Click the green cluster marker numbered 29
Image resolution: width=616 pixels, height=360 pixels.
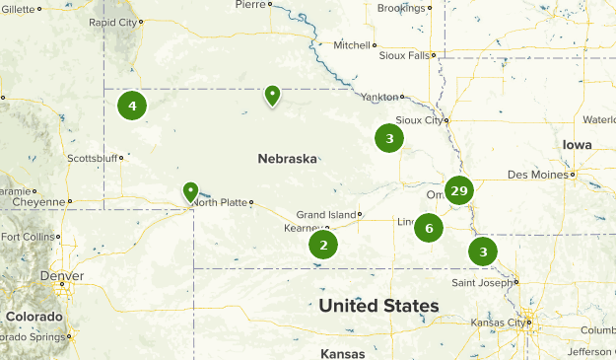[458, 190]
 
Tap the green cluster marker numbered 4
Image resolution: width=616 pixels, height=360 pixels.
[132, 105]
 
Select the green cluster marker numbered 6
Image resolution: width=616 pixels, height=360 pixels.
[429, 228]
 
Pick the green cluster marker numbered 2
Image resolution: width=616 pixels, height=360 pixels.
[322, 245]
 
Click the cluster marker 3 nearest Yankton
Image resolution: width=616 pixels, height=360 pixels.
[389, 139]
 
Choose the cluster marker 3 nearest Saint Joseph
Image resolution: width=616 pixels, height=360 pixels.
[482, 252]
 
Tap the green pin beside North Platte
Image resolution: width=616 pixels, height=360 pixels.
[190, 190]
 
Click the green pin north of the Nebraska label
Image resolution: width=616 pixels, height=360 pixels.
[272, 95]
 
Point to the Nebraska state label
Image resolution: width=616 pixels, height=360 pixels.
[287, 158]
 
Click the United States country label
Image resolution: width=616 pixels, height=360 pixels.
[378, 306]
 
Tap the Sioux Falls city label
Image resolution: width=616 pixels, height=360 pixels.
[404, 56]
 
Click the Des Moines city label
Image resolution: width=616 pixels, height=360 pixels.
[538, 175]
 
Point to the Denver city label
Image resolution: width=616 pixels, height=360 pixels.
[61, 276]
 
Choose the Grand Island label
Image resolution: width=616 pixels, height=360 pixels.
[325, 214]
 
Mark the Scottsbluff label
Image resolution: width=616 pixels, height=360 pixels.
[91, 158]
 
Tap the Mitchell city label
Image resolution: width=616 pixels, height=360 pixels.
[351, 45]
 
